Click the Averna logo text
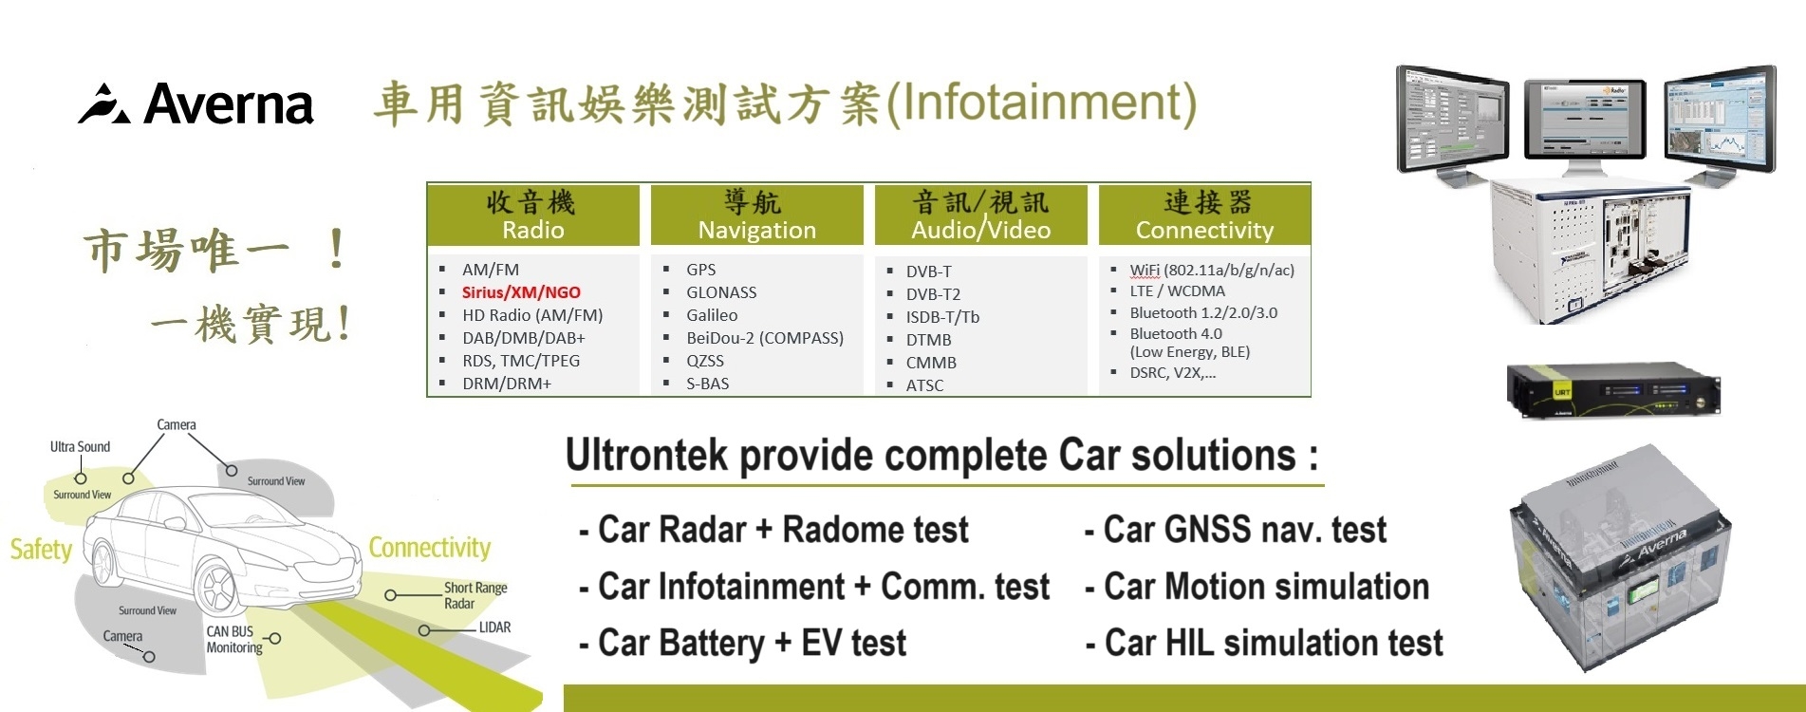tap(228, 104)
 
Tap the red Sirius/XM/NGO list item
tap(521, 292)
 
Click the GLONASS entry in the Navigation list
tap(721, 292)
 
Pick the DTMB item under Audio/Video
tap(928, 340)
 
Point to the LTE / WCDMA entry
tap(1177, 291)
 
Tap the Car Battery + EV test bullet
tap(751, 644)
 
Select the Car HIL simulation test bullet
tap(1273, 644)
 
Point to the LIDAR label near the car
tap(494, 628)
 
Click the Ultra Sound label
tap(80, 447)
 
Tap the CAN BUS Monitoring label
tap(233, 639)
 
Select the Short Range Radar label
tap(475, 595)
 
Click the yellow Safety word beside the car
tap(41, 550)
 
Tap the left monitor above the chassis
tap(1452, 119)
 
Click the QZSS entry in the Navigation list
tap(704, 361)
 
